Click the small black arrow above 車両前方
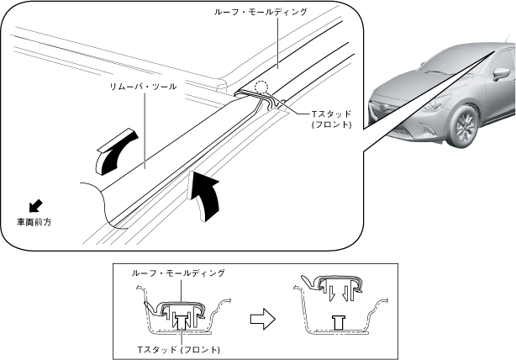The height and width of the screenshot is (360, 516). coord(34,204)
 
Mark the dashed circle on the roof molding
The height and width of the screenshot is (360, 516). coord(262,87)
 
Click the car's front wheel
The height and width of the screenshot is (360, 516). coord(462,125)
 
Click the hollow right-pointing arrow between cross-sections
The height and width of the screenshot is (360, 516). coord(264,317)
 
